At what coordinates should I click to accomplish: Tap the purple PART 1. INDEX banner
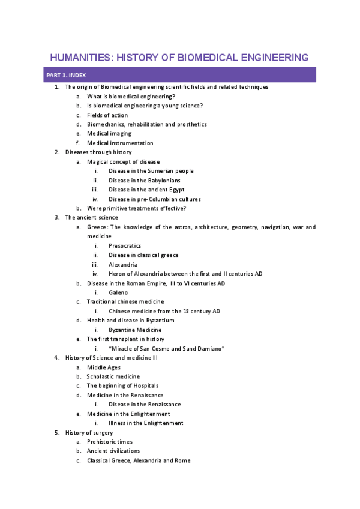point(180,75)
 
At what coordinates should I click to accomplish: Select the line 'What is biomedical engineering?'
point(131,97)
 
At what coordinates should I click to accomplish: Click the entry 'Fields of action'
point(107,115)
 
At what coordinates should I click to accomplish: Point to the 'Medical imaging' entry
point(109,134)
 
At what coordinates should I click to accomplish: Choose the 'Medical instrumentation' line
point(120,143)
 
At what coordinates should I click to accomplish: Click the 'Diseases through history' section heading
point(98,152)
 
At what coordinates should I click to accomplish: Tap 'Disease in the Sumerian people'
point(151,171)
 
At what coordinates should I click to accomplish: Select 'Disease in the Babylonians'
point(145,181)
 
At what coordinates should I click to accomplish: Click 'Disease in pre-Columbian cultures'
point(155,199)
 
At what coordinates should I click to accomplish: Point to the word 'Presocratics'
point(125,245)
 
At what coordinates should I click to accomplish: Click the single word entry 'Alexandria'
point(123,264)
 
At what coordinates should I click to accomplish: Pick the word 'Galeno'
point(118,292)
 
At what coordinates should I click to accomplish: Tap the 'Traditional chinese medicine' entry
point(125,301)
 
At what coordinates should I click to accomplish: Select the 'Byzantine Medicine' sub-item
point(135,330)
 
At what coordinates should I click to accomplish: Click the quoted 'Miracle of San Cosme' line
point(166,348)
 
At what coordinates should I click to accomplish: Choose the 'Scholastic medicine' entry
point(113,376)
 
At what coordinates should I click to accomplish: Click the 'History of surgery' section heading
point(89,432)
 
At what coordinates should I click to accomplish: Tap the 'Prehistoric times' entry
point(110,442)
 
